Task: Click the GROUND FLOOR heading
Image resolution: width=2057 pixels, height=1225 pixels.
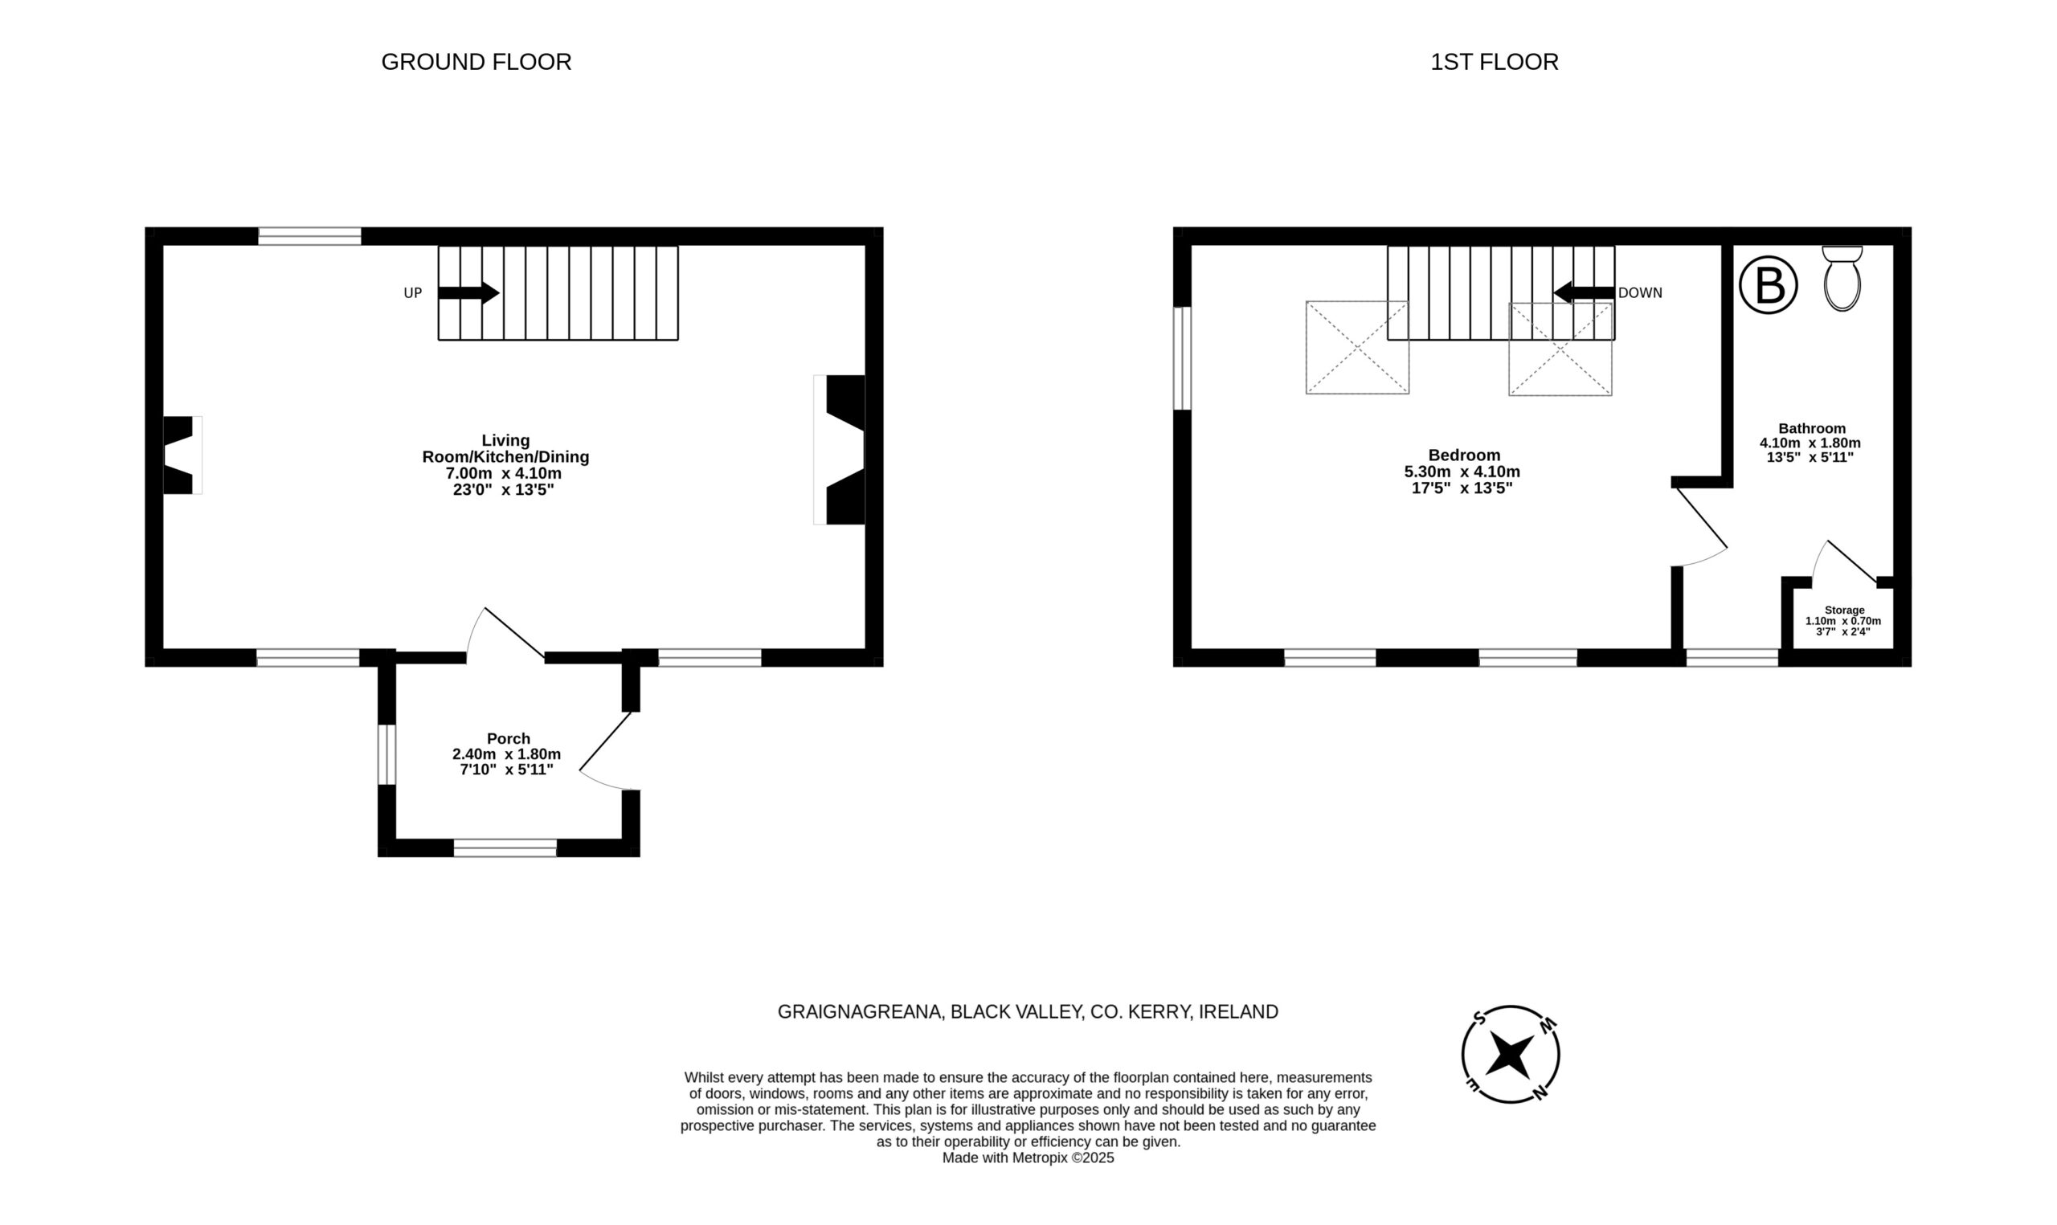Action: (x=476, y=62)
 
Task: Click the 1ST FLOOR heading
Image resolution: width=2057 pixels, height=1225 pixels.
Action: (x=1494, y=62)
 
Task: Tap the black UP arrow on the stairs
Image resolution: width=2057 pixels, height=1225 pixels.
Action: (x=468, y=292)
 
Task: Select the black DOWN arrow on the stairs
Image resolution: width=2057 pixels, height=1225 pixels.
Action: (x=1584, y=292)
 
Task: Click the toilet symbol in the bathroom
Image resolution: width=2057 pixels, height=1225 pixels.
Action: (x=1842, y=278)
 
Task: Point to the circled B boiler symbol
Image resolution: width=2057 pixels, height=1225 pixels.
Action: (x=1768, y=286)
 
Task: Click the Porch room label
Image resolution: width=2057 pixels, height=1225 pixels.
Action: (x=509, y=739)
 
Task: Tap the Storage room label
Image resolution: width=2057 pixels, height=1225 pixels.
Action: (x=1844, y=610)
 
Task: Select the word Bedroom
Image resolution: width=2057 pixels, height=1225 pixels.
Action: (x=1464, y=455)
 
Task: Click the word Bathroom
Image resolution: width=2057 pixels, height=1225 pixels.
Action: (x=1812, y=428)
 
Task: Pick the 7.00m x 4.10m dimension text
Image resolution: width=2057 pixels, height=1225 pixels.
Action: (x=504, y=473)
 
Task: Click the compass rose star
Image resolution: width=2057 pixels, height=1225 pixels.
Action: (x=1510, y=1054)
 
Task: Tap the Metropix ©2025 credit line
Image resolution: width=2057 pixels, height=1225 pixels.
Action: (x=1028, y=1158)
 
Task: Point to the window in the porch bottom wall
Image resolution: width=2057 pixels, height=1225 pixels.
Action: (x=505, y=847)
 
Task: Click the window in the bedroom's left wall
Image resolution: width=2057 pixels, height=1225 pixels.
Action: (x=1182, y=358)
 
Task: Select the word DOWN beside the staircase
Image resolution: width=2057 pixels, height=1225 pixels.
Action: (x=1640, y=293)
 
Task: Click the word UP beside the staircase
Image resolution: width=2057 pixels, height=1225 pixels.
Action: (x=413, y=293)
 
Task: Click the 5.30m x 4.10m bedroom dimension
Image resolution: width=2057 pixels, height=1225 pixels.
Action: (x=1462, y=472)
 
